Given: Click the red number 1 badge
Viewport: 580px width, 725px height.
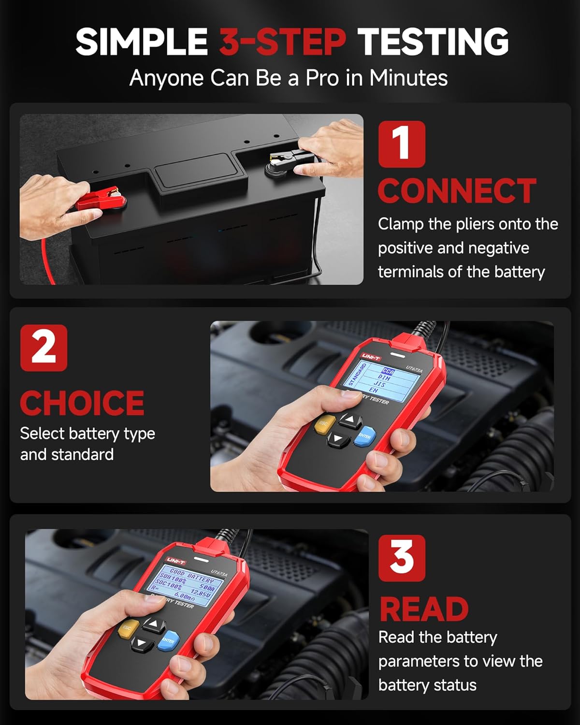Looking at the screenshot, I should [x=402, y=144].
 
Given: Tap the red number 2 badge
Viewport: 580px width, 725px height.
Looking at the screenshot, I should [x=43, y=348].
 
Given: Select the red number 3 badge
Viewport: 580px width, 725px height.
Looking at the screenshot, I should [x=402, y=558].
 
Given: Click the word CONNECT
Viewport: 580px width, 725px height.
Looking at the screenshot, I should [x=457, y=191].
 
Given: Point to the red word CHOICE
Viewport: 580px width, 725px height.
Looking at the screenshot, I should [x=82, y=403].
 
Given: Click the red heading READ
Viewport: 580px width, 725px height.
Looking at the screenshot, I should [x=424, y=609].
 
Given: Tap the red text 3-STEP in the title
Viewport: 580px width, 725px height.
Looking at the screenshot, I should [x=283, y=42].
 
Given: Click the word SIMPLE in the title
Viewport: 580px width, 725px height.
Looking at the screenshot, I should [x=142, y=42].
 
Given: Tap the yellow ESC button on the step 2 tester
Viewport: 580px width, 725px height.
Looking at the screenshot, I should [x=324, y=423].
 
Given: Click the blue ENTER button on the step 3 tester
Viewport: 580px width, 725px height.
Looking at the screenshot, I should [x=169, y=640].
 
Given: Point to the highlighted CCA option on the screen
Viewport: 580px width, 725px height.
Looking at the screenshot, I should [x=388, y=372].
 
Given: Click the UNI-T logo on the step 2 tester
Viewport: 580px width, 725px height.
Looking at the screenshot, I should [x=371, y=357].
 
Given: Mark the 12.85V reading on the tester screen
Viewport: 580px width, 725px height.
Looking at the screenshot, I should [x=200, y=593].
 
